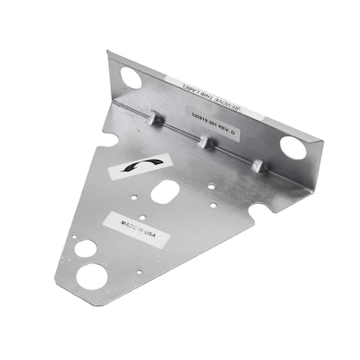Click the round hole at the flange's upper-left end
[x=130, y=78]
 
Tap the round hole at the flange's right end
[x=292, y=147]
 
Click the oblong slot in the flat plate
[x=165, y=191]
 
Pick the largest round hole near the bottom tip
[x=91, y=277]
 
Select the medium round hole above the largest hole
[x=85, y=247]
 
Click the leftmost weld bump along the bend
[x=157, y=120]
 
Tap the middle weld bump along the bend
[x=206, y=143]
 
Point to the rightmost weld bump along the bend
[x=258, y=166]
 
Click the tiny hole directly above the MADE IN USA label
[x=142, y=217]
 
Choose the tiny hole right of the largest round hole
[x=138, y=272]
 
